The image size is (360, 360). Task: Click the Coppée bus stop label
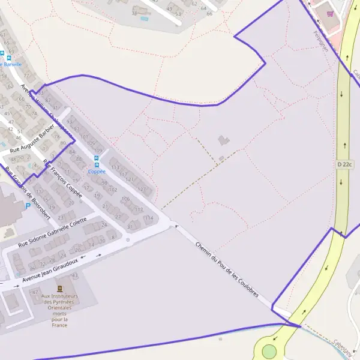97,171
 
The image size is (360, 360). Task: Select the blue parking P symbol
28,206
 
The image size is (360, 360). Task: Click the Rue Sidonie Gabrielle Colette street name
53,233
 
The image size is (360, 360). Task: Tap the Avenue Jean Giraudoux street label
50,271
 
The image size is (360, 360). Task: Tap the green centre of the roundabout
269,351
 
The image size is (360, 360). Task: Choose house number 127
142,189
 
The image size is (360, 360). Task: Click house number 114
149,217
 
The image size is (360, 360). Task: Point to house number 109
98,150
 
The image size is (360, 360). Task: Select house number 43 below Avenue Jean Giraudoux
75,275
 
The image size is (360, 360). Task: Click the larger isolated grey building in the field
224,140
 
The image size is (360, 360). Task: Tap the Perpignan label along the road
321,40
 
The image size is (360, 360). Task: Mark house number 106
125,199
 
